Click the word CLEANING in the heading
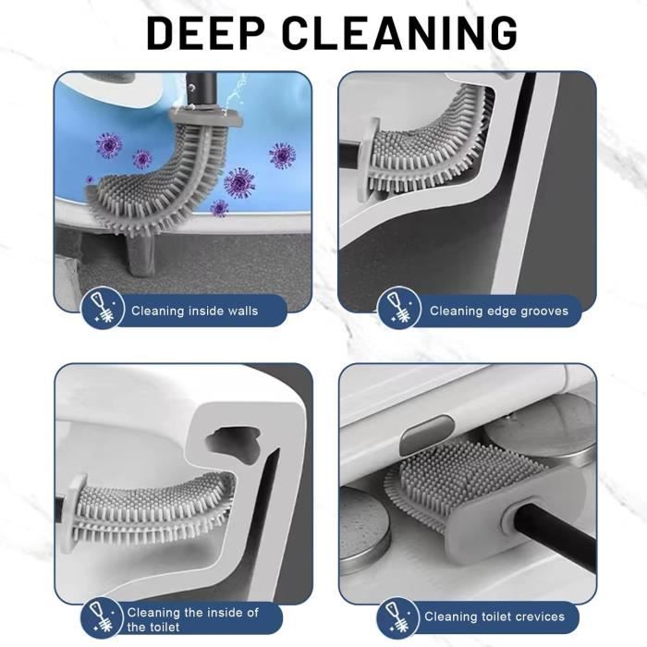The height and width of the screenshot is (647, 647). point(399,32)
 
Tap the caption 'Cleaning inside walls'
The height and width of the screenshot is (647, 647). point(194,311)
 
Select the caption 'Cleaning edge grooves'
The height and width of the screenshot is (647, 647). point(498,311)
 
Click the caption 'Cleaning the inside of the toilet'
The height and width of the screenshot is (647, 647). point(192,619)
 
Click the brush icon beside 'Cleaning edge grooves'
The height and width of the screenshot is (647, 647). point(397,309)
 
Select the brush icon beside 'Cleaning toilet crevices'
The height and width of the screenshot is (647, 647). point(397,615)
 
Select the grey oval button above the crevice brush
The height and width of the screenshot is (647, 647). point(431,430)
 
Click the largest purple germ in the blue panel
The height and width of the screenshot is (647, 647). point(239,182)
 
